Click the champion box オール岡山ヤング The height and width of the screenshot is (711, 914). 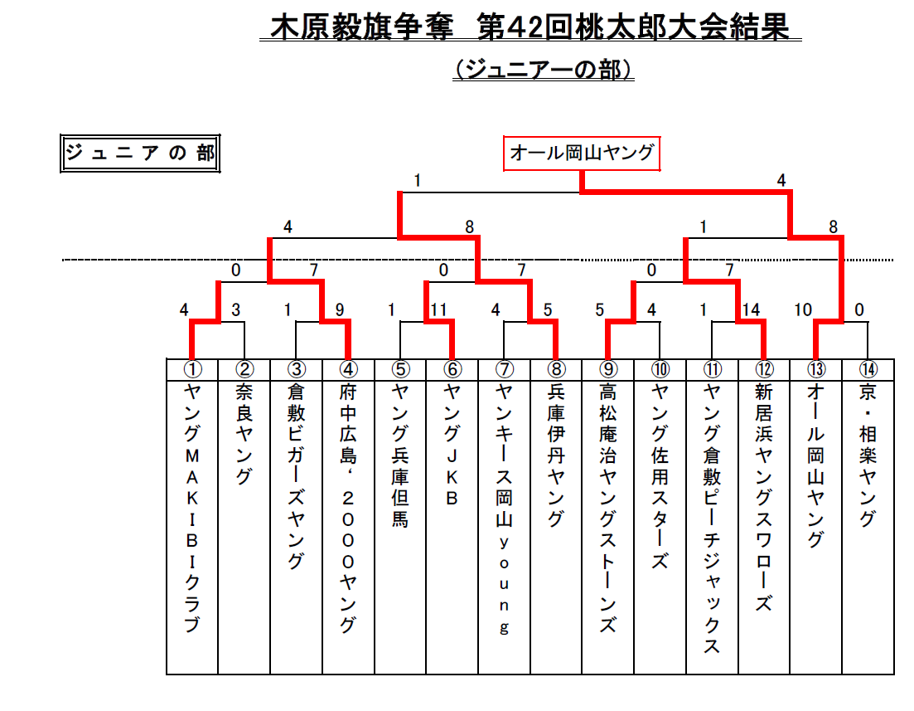(582, 153)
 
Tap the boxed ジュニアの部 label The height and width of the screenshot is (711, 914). (140, 153)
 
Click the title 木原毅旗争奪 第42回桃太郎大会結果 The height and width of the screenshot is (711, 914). (530, 27)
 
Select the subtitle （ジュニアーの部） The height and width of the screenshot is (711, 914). (544, 70)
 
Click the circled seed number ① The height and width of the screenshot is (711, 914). (192, 369)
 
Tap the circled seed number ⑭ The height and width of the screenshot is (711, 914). (868, 369)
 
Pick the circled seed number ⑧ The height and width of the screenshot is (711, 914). (556, 369)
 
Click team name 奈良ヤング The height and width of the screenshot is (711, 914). (244, 434)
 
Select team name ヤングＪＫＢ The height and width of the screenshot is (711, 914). (452, 444)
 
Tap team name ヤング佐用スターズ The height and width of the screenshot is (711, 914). (660, 476)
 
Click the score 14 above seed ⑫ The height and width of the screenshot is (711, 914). (751, 309)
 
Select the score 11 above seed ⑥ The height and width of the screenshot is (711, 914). (438, 309)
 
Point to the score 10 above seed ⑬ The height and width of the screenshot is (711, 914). (803, 309)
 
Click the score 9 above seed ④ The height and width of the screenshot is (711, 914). (340, 309)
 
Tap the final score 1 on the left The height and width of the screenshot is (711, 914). (418, 181)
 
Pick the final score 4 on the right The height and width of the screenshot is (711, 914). (781, 181)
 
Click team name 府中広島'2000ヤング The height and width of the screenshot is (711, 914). (348, 508)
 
